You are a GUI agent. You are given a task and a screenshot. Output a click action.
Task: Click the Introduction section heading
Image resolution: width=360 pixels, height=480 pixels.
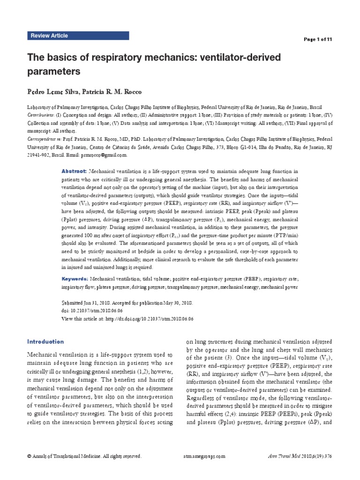(45, 341)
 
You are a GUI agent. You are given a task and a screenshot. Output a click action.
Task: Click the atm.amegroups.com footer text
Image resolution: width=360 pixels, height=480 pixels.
(203, 456)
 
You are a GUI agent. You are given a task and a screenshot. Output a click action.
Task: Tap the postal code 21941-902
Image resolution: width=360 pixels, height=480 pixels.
(40, 154)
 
